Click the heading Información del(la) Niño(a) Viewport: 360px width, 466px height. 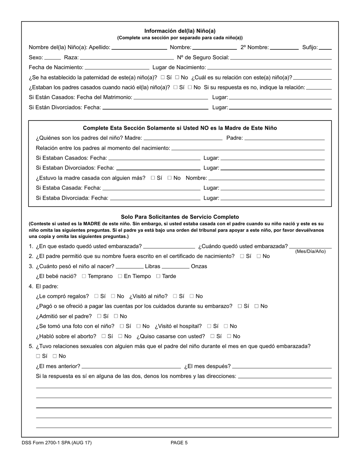pos(180,31)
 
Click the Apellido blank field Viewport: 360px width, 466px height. pos(139,48)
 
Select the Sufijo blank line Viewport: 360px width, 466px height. pos(325,48)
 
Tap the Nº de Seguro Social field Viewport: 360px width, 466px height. pos(281,58)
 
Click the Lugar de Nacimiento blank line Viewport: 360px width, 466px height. pos(269,68)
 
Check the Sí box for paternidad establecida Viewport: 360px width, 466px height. pos(163,78)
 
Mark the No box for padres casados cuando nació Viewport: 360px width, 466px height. pos(190,88)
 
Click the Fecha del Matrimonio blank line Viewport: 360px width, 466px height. pos(171,98)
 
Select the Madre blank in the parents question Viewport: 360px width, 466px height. pos(183,138)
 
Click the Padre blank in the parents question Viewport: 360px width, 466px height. pos(284,138)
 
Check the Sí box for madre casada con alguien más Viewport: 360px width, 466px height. pos(153,178)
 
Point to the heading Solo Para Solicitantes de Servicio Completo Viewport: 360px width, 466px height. pos(180,217)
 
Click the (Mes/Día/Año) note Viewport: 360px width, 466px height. pos(310,252)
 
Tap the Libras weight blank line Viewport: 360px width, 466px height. pos(130,267)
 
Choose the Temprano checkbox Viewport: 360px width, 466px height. pos(84,277)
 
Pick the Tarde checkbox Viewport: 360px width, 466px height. pos(158,277)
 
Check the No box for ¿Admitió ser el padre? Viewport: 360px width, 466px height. pos(116,316)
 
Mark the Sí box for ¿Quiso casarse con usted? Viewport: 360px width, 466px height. pos(213,336)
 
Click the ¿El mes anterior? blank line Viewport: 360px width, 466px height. pos(131,367)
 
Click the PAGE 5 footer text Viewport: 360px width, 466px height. pos(179,443)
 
